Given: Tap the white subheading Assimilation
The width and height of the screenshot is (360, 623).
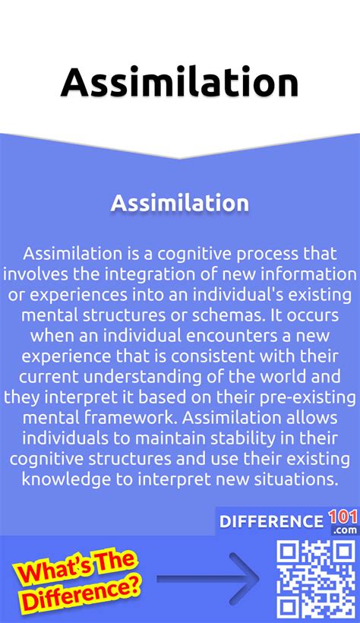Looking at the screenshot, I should point(179,203).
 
